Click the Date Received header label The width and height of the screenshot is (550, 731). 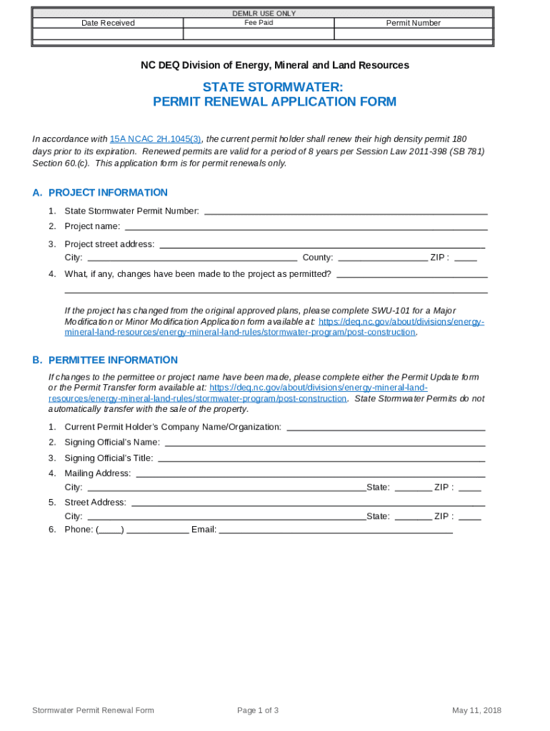click(108, 23)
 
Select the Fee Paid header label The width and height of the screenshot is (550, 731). click(259, 23)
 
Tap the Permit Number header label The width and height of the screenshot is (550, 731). click(414, 23)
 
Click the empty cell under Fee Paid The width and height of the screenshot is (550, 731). click(259, 34)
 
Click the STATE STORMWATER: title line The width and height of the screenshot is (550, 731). click(274, 86)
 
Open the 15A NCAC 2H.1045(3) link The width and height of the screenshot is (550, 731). click(155, 138)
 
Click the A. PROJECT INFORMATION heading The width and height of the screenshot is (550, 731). click(100, 193)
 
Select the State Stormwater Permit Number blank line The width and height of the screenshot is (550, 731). click(346, 212)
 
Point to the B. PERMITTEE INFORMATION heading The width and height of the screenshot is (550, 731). click(105, 361)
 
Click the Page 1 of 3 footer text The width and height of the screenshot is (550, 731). click(258, 710)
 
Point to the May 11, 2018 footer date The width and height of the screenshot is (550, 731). click(476, 710)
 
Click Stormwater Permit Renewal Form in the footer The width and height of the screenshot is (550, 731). click(93, 710)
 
